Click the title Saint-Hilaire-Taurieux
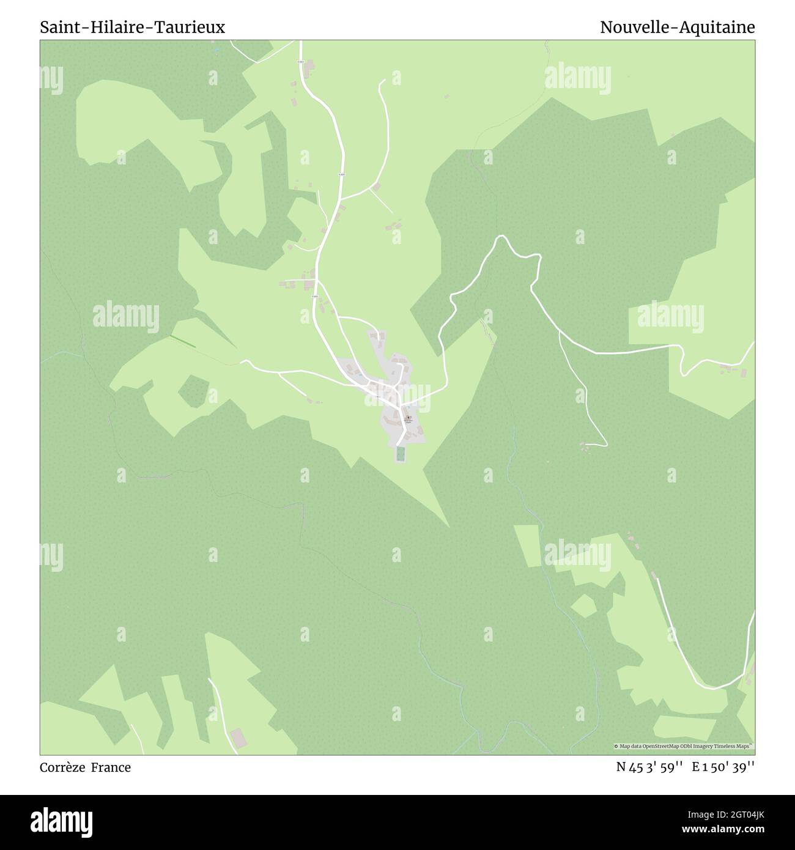point(133,28)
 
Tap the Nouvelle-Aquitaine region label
point(677,28)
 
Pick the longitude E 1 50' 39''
point(723,767)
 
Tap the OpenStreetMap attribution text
point(684,746)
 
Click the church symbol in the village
point(409,418)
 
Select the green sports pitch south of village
point(400,454)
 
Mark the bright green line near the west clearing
point(182,342)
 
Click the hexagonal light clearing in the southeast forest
point(583,605)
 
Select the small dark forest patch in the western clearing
point(193,391)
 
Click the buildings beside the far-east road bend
point(731,369)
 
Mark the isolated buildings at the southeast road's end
point(586,446)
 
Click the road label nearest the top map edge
point(300,62)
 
